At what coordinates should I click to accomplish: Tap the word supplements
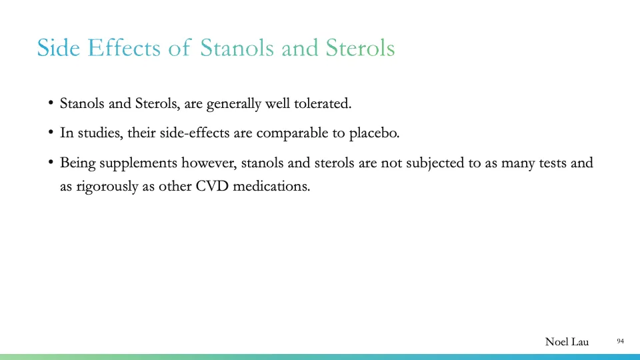pyautogui.click(x=139, y=163)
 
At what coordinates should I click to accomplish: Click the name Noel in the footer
pyautogui.click(x=557, y=342)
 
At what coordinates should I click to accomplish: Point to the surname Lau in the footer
pyautogui.click(x=580, y=342)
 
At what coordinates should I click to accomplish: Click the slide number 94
pyautogui.click(x=620, y=341)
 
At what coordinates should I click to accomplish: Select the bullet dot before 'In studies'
pyautogui.click(x=51, y=133)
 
